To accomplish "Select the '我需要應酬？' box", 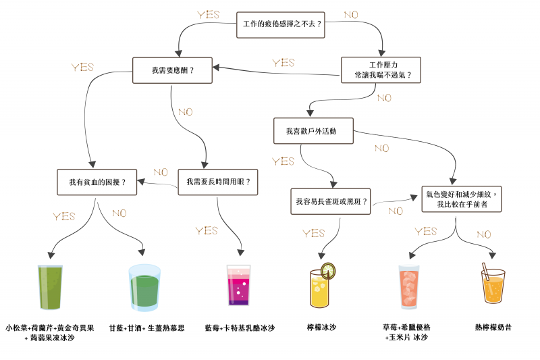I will click(172, 70).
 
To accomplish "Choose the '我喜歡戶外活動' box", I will click(314, 130).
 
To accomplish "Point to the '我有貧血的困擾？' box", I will click(97, 182).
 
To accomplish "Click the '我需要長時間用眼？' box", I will click(218, 182).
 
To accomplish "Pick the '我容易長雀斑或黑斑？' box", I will click(331, 201).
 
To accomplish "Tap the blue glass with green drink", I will click(144, 288).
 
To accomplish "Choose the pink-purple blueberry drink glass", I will click(238, 286).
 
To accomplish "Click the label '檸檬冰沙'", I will click(321, 328).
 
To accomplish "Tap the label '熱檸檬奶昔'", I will click(493, 328).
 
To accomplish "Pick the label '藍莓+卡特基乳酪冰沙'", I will click(240, 328).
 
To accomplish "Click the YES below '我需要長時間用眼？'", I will click(207, 231).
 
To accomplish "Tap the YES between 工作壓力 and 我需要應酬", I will click(283, 63).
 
